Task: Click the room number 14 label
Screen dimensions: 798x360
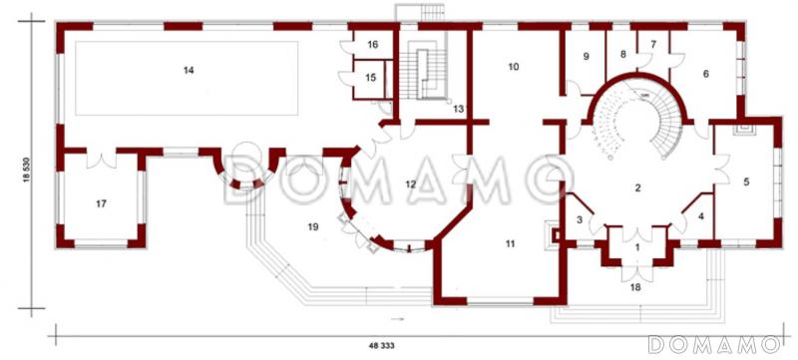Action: [x=189, y=71]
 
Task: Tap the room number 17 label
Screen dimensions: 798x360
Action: [x=102, y=203]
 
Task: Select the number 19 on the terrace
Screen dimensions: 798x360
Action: [x=313, y=227]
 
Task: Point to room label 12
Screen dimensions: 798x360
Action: [x=411, y=184]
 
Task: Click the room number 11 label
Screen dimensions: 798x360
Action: [x=510, y=244]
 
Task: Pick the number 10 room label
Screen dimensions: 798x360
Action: [x=514, y=67]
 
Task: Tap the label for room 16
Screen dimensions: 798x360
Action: [x=373, y=45]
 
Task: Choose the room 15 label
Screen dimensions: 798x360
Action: [x=370, y=78]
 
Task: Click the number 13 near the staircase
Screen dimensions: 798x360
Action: [x=459, y=109]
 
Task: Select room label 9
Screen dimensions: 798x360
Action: [x=586, y=56]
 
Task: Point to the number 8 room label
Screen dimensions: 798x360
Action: [x=622, y=54]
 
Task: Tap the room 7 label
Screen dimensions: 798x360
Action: [x=653, y=44]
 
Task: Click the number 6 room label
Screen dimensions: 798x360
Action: [x=705, y=74]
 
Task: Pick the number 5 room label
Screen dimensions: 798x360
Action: [x=746, y=182]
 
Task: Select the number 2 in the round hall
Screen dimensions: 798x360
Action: [x=637, y=188]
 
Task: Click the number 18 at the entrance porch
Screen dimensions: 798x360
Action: [x=635, y=287]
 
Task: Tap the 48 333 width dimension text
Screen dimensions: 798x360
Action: [x=382, y=345]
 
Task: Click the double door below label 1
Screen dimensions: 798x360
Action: [x=637, y=273]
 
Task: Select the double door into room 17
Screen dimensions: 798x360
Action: [x=102, y=159]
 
